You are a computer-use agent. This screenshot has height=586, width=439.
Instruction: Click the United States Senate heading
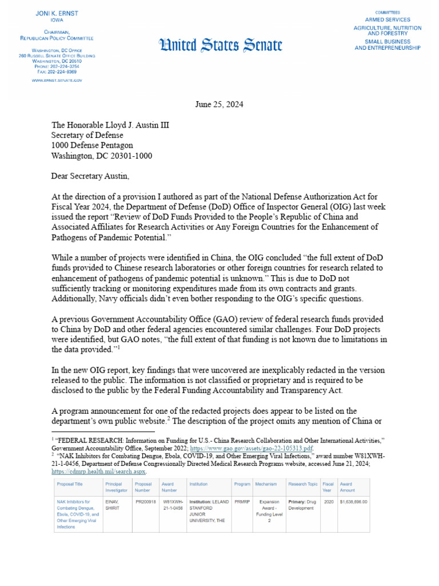tap(221, 44)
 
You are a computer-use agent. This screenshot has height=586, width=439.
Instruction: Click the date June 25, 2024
tap(219, 104)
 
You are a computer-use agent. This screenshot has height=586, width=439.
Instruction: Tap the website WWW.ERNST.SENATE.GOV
tap(57, 81)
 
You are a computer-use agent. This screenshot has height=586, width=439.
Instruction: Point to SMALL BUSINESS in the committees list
tap(387, 41)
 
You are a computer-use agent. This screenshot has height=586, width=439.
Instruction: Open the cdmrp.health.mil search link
tap(99, 472)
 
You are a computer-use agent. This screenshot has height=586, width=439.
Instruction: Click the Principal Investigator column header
tap(116, 487)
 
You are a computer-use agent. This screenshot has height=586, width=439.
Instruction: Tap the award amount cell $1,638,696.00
tap(353, 502)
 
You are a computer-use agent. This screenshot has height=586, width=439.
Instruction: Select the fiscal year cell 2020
tap(328, 502)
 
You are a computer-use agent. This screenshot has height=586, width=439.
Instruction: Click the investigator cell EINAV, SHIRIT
tap(113, 505)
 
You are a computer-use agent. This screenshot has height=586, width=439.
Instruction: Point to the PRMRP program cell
tap(242, 502)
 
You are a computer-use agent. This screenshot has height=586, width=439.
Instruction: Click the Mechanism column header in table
tap(266, 484)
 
